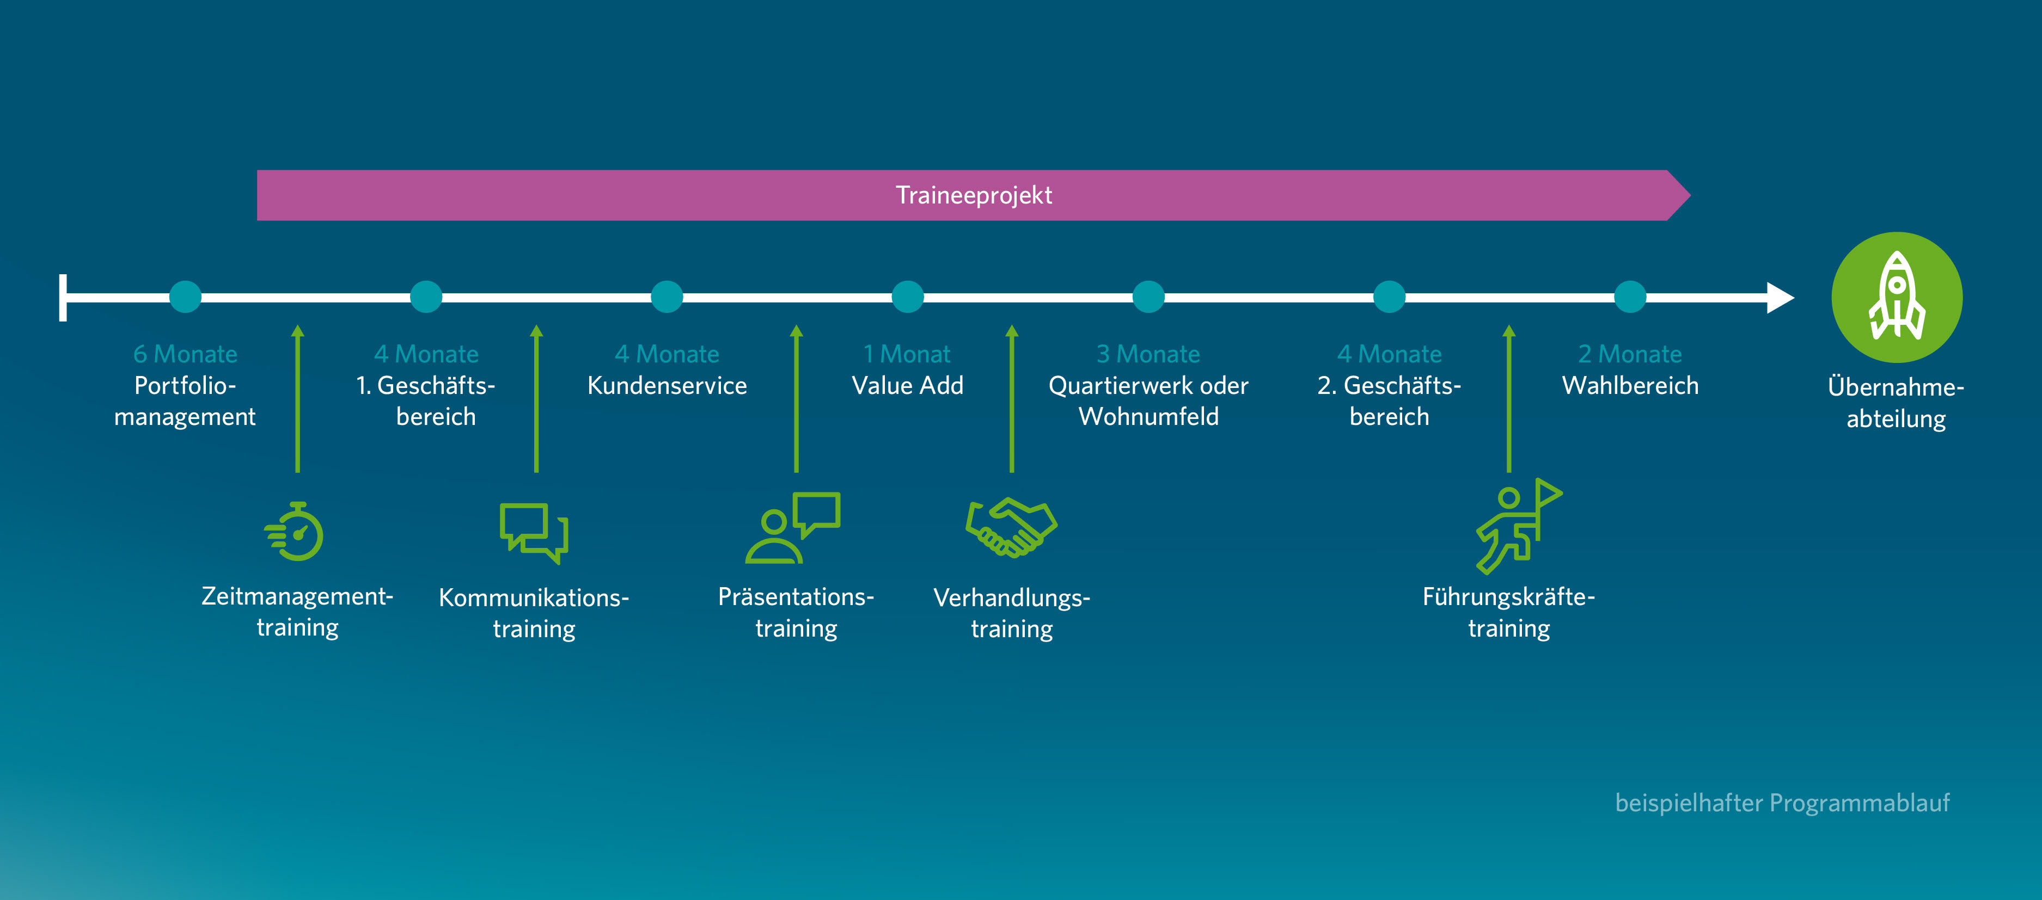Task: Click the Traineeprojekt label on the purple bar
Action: (x=974, y=195)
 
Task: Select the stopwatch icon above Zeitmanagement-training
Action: (x=295, y=532)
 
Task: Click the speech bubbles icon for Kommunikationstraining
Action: (x=534, y=532)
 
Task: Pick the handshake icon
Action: (x=1012, y=527)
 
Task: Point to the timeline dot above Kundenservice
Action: (x=667, y=297)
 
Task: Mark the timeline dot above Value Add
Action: (x=908, y=297)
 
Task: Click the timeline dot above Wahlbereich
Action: (x=1630, y=297)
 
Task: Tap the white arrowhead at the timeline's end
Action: (x=1779, y=298)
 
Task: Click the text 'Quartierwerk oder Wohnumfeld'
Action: (x=1148, y=401)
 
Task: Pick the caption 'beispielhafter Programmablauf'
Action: (x=1782, y=803)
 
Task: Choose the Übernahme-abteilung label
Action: (x=1896, y=403)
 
